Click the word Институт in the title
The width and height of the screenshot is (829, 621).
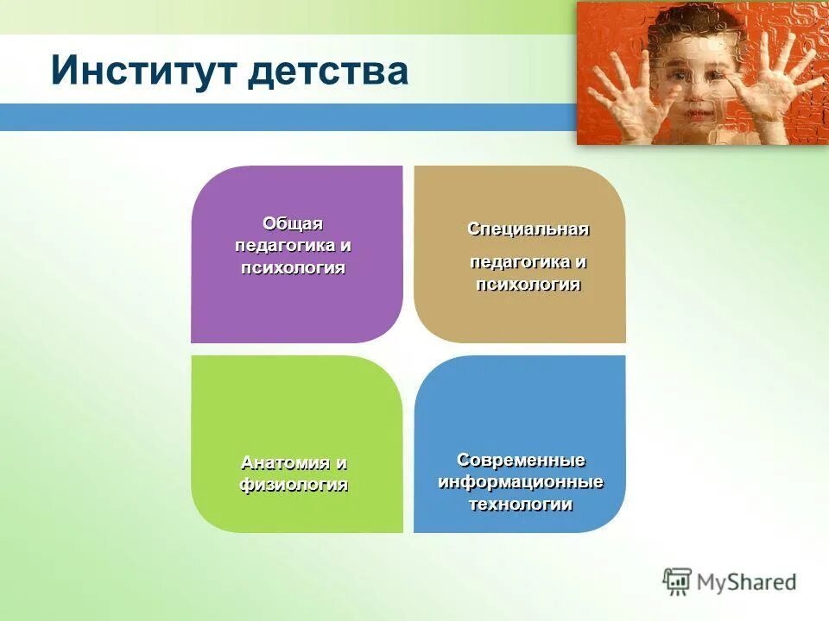point(143,70)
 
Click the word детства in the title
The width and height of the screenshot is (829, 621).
point(327,70)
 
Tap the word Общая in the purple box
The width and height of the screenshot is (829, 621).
point(293,224)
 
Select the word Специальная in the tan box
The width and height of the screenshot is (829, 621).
point(528,229)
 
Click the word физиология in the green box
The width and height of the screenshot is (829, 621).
point(294,485)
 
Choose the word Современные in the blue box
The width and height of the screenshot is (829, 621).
point(521,460)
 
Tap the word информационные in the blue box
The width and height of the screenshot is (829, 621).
point(521,481)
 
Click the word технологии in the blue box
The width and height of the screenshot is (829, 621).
point(521,505)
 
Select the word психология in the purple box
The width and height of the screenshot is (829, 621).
point(294,267)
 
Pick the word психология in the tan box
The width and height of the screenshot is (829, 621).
point(528,285)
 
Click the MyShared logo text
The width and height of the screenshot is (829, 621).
point(747,582)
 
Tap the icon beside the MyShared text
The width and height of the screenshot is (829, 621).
point(677,582)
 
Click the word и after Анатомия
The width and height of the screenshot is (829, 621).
point(342,463)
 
